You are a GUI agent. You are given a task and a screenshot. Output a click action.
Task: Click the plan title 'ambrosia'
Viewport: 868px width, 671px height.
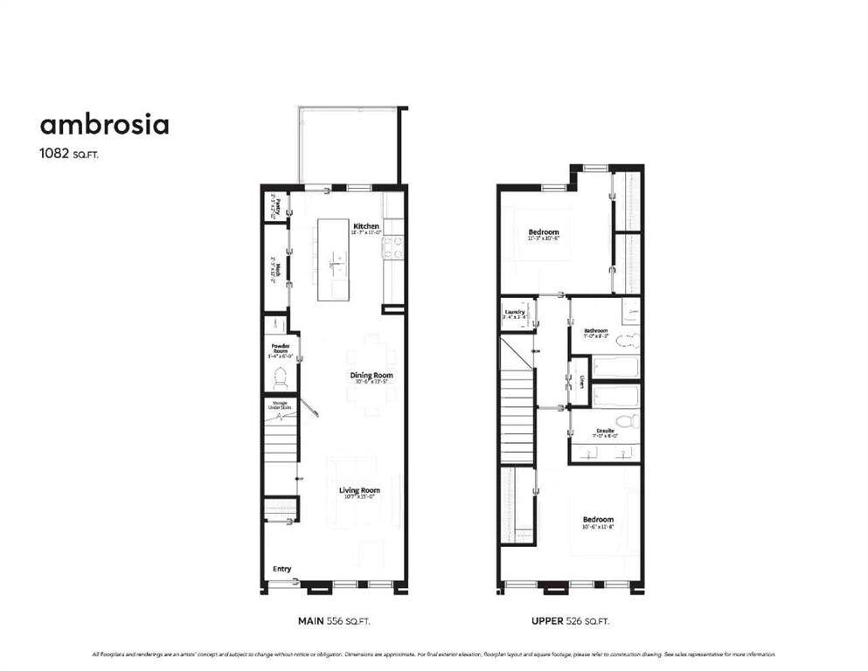point(104,125)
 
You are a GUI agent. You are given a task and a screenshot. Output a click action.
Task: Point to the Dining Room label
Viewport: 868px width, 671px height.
point(372,376)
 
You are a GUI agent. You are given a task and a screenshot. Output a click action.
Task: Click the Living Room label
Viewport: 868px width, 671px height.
point(359,490)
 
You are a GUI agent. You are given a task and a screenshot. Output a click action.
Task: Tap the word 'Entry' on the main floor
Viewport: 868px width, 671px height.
point(281,569)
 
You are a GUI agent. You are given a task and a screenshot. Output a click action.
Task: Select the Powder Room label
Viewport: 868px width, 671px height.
point(280,348)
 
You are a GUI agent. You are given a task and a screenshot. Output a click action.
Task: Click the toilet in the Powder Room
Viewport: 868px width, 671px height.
point(281,378)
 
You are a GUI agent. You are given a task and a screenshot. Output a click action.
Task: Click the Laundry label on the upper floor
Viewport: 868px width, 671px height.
point(513,310)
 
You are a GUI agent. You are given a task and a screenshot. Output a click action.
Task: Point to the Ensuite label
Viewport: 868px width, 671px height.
point(604,431)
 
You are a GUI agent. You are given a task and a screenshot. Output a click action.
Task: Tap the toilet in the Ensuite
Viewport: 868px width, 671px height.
point(625,421)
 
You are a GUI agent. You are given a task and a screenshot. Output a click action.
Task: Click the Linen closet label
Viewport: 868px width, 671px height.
point(581,382)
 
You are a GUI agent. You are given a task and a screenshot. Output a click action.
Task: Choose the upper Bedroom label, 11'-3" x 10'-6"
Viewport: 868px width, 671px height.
point(544,232)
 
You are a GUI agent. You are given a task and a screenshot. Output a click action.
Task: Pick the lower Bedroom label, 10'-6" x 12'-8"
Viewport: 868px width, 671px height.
point(599,519)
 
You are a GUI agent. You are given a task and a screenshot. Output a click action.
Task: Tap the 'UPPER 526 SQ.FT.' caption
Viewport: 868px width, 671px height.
point(570,621)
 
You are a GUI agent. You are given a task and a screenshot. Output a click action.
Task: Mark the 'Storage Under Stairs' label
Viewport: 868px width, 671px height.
point(279,405)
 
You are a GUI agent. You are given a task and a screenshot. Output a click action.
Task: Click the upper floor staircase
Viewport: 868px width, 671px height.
point(517,402)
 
